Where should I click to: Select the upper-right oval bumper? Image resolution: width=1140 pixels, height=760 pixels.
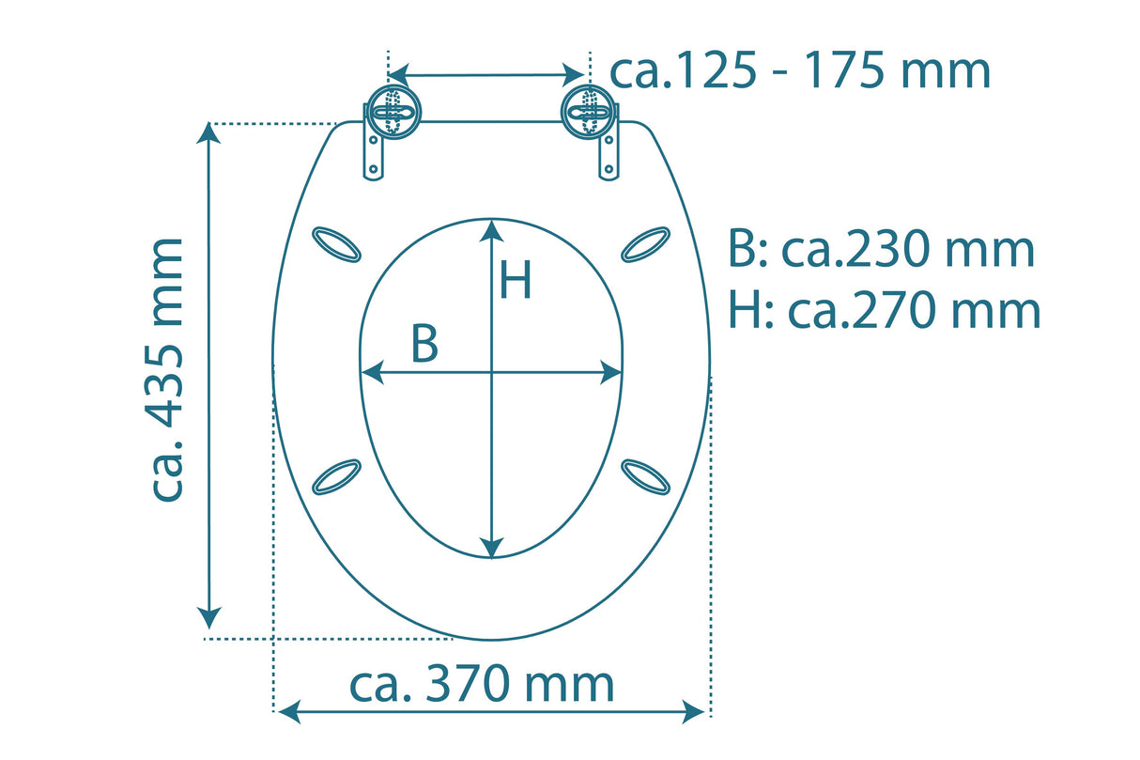pos(646,243)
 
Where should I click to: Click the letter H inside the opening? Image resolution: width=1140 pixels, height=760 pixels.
pos(516,280)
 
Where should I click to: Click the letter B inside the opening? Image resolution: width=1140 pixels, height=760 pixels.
pos(424,345)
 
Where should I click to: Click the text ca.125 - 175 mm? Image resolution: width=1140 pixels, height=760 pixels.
pos(800,70)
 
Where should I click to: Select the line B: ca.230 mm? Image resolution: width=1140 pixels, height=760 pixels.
pos(881,250)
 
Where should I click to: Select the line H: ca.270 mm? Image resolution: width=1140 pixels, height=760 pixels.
pos(884,311)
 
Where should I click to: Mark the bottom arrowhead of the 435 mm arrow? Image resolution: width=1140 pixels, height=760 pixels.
pos(209,619)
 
